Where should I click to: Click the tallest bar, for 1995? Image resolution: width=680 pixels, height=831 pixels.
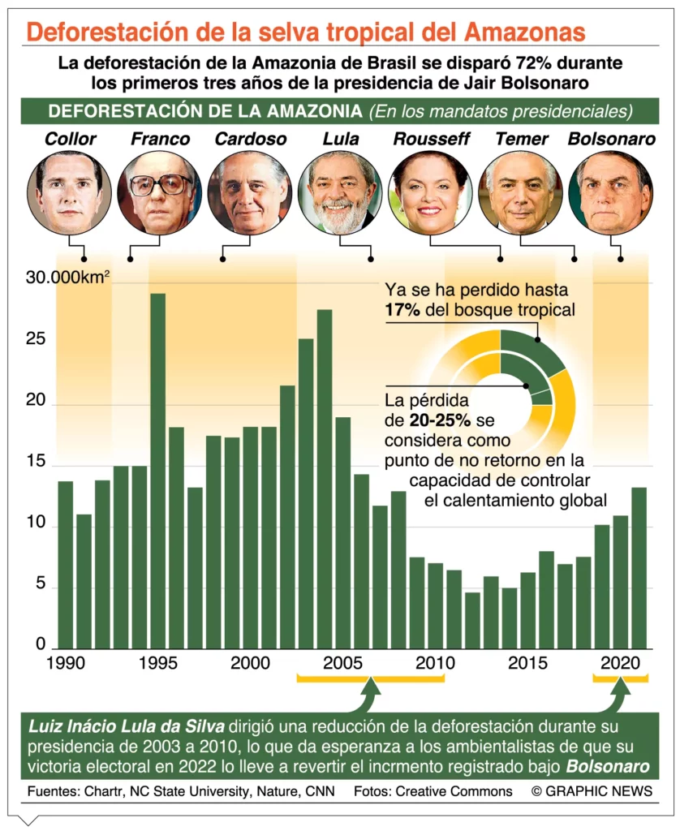coord(157,471)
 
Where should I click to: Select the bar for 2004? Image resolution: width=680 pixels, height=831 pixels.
coord(325,479)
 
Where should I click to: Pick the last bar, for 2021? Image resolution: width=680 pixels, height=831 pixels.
coord(639,568)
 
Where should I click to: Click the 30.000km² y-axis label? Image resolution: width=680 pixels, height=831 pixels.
coord(68,278)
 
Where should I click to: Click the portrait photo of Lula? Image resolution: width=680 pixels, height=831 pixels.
coord(340,193)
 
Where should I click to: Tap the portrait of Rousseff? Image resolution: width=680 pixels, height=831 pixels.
coord(430,193)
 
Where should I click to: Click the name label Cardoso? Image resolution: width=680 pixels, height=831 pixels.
coord(250,139)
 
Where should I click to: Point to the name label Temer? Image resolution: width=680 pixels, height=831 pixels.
coord(521,139)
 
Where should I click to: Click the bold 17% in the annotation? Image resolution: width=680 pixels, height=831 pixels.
coord(403,309)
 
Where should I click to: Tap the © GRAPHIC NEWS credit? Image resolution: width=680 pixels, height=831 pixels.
coord(592,790)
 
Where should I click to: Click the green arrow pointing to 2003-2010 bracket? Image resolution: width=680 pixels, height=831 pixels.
coord(370,695)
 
